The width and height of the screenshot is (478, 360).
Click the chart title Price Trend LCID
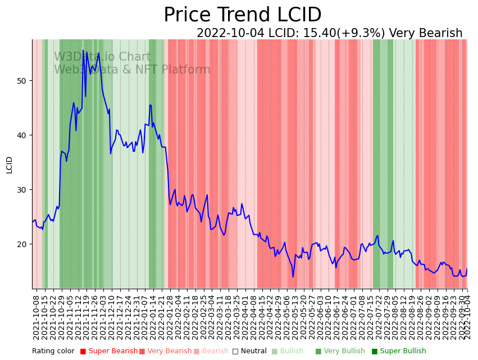click(x=242, y=15)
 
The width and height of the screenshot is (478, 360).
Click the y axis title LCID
click(x=9, y=165)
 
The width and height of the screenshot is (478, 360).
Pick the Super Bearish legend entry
click(x=109, y=352)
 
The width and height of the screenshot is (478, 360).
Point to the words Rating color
click(x=53, y=352)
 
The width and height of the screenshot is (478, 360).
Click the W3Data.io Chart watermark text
click(x=102, y=57)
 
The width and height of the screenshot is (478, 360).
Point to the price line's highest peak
click(x=83, y=51)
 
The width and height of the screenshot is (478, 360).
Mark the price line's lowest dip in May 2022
click(x=293, y=276)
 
